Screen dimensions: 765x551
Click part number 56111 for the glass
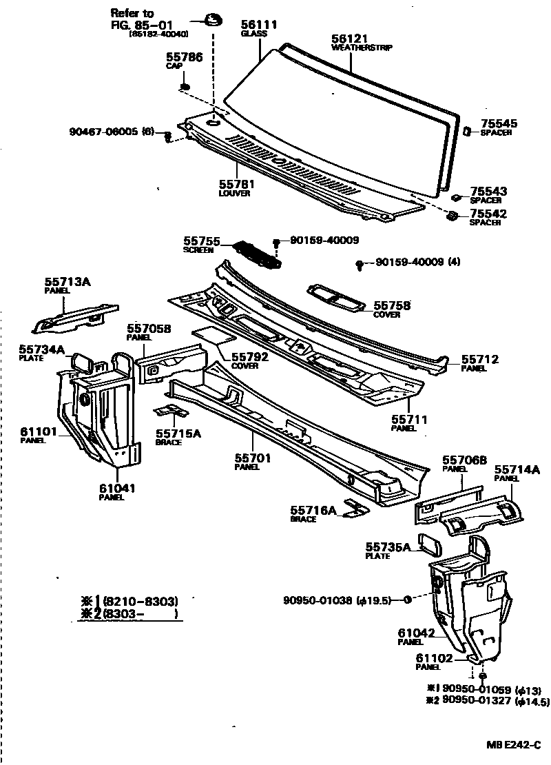[258, 25]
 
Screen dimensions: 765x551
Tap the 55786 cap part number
[184, 58]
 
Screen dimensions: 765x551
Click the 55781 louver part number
[236, 185]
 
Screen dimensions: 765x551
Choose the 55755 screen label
[201, 242]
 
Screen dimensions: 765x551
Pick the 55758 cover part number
[392, 305]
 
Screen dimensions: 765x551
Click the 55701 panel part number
[253, 458]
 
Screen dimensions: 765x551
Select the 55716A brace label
[313, 510]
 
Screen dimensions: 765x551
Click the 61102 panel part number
[433, 658]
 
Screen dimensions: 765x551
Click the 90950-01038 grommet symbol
[407, 600]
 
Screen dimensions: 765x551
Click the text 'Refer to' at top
[135, 14]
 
